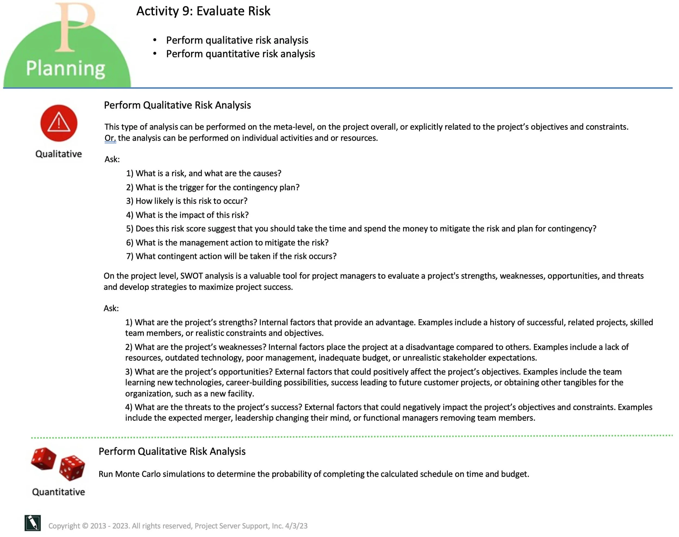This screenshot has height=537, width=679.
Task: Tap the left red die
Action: point(44,459)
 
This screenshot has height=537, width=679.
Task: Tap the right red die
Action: point(72,467)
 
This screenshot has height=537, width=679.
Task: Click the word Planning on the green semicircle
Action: point(65,68)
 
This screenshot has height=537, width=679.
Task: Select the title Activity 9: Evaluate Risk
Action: point(203,11)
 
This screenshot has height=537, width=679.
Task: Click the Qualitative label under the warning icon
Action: point(58,154)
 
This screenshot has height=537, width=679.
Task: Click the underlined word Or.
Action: point(110,138)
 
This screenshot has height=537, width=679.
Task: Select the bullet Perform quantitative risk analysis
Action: point(240,54)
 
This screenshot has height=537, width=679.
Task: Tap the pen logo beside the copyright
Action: point(33,523)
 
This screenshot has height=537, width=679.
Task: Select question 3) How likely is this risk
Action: point(187,201)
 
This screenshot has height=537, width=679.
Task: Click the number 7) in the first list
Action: point(130,256)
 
